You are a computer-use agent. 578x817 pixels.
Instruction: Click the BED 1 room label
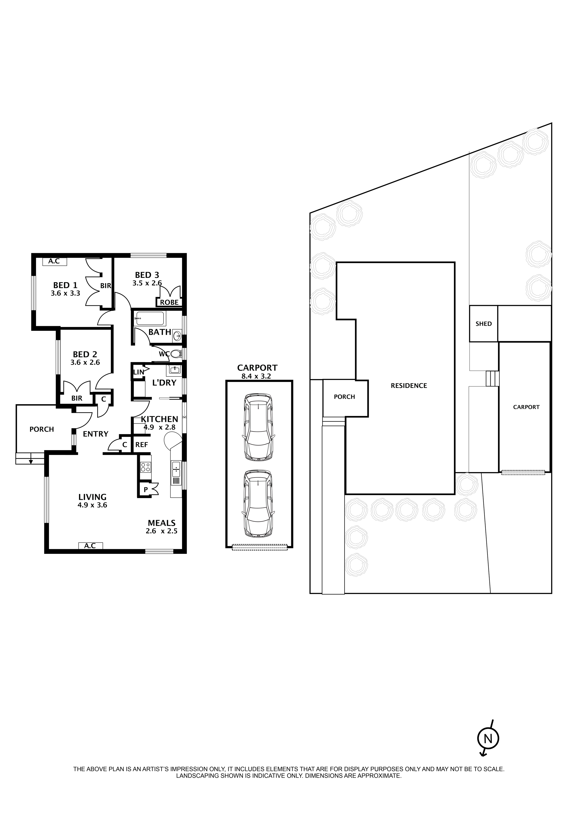point(65,285)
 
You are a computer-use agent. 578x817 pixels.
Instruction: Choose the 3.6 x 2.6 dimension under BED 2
point(85,363)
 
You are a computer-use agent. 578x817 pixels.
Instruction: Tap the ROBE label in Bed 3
point(169,303)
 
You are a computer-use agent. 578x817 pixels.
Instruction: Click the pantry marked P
point(146,490)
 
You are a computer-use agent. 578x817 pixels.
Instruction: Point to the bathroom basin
point(177,335)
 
